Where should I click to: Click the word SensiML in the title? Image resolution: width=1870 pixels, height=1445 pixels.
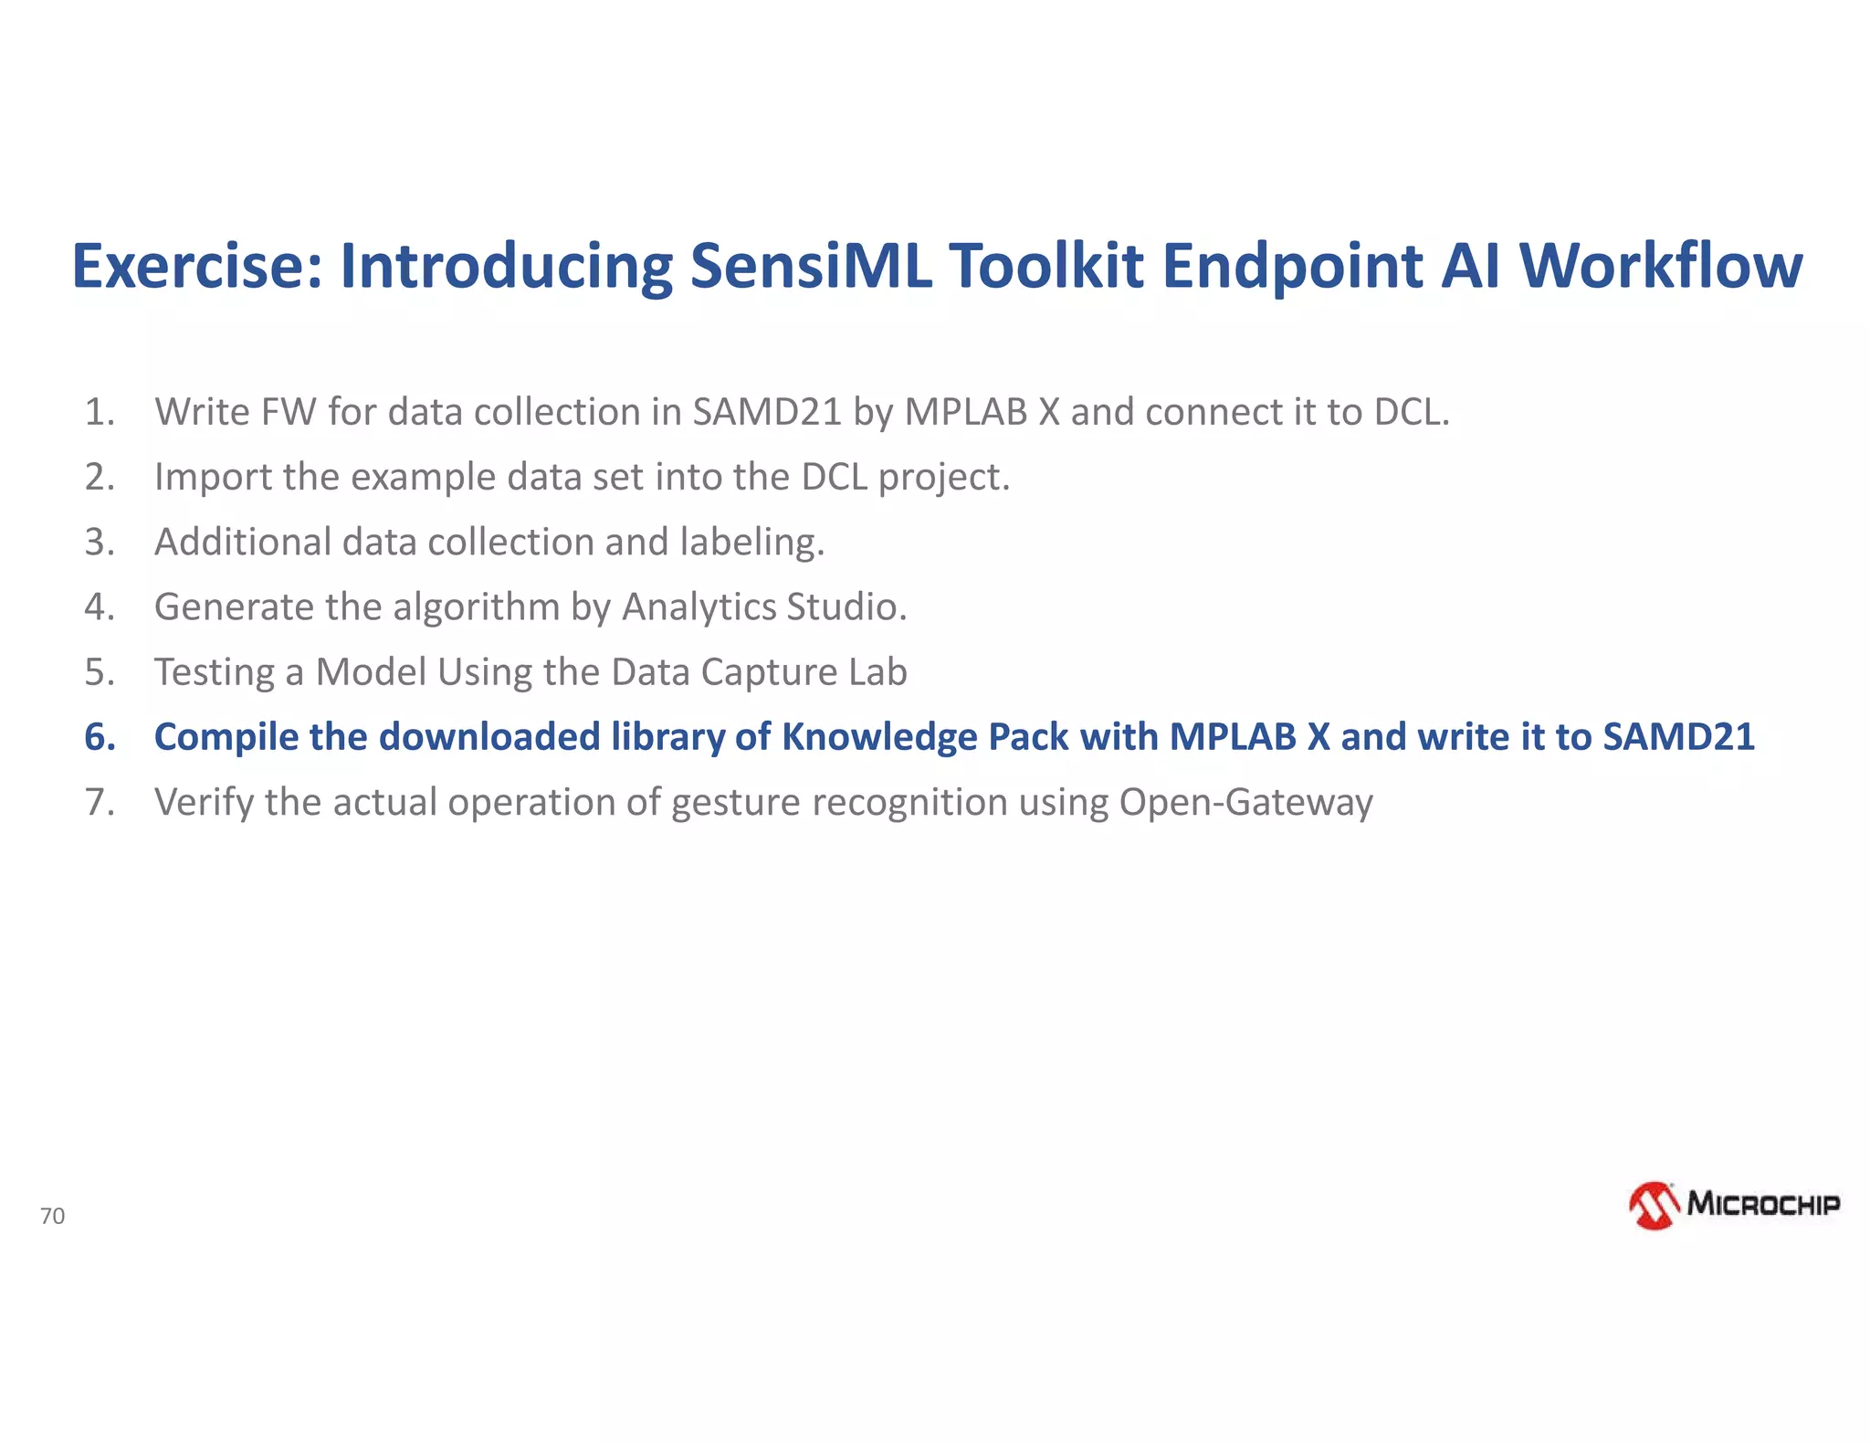pos(811,266)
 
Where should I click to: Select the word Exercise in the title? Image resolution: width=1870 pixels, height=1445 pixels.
pos(197,266)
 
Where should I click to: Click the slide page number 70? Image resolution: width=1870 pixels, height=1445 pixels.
pos(52,1216)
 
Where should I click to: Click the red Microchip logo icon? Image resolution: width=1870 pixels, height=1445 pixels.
pos(1654,1205)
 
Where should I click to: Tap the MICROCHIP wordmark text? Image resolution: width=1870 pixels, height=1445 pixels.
pos(1763,1204)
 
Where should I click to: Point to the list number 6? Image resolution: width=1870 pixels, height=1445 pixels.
pos(100,737)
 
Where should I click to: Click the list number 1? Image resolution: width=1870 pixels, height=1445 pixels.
pos(100,412)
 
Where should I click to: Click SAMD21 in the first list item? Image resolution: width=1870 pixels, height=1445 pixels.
pos(767,412)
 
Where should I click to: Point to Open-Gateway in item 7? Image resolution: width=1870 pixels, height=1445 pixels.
pos(1245,802)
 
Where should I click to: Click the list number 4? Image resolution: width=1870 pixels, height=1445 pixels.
pos(100,607)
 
